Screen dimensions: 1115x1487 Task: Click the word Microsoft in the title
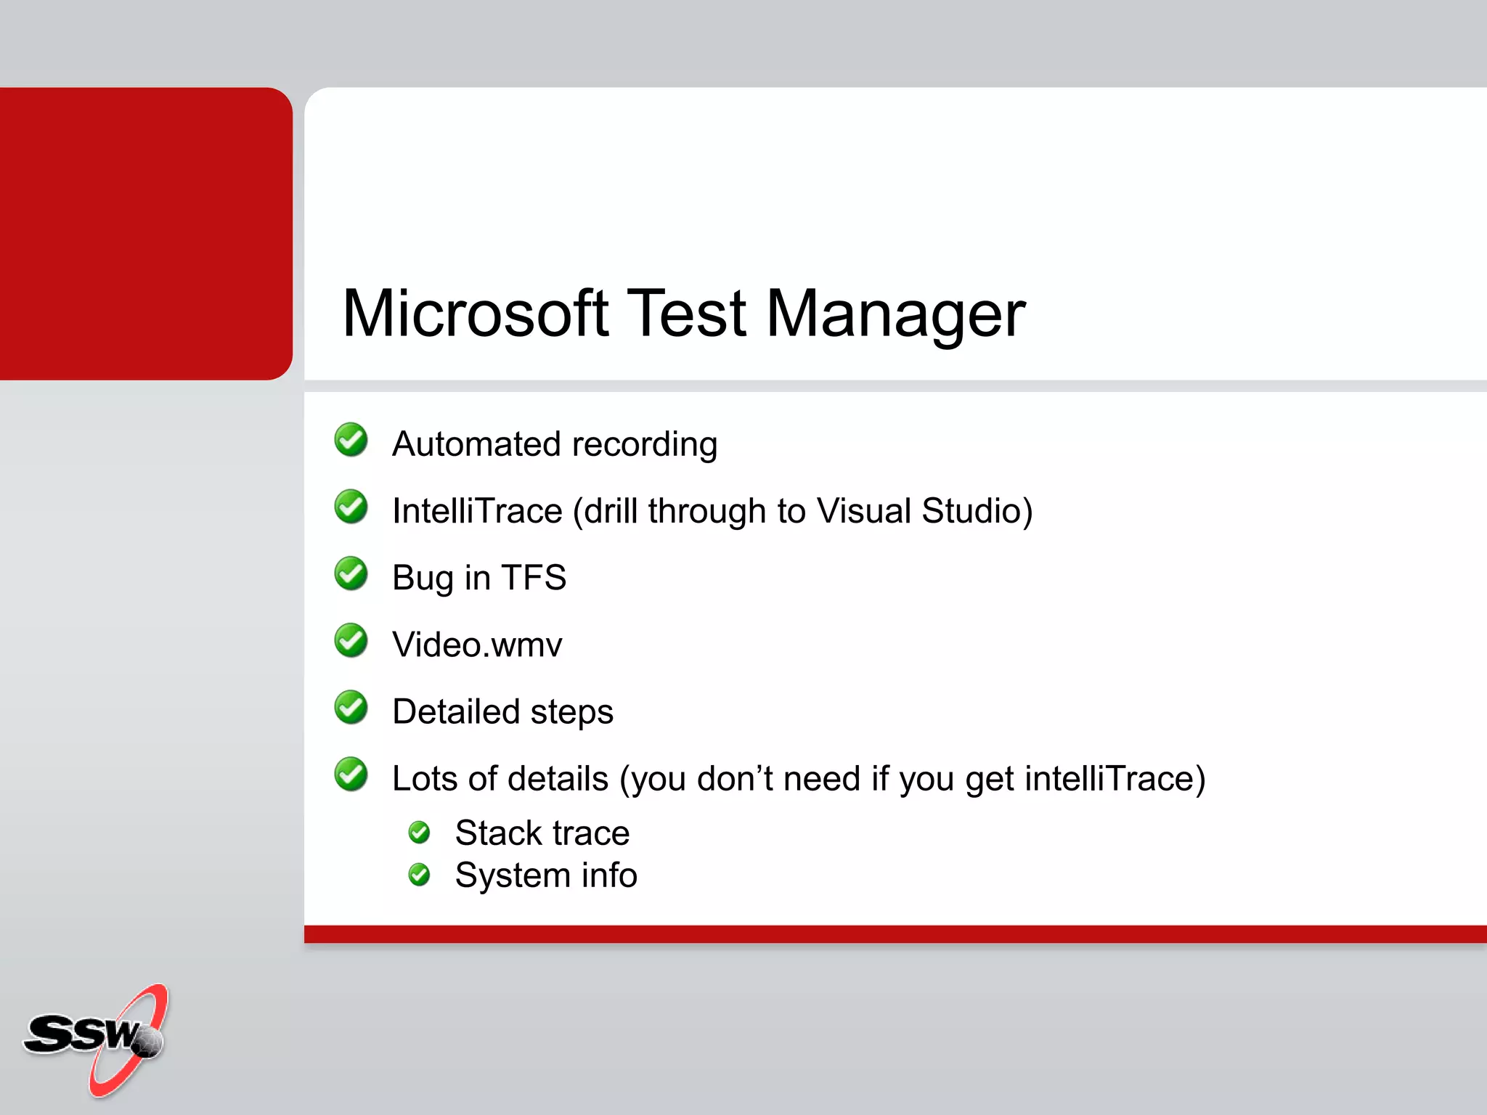coord(476,314)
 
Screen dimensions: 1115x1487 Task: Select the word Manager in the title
coord(896,315)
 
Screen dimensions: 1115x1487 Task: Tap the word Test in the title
coord(686,314)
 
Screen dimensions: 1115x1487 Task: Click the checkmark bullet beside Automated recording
coord(351,440)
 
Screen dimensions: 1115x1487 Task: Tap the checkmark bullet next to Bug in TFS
coord(351,573)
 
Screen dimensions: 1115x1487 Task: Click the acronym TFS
coord(534,578)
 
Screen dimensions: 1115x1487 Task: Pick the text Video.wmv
coord(477,645)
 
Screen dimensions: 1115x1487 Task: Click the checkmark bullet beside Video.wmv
coord(351,640)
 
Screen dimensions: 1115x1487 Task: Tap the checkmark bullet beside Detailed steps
coord(351,707)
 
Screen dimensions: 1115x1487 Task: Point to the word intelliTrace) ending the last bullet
coord(1115,778)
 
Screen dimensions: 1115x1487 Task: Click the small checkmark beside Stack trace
coord(420,833)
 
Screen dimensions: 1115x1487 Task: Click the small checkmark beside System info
coord(420,875)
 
